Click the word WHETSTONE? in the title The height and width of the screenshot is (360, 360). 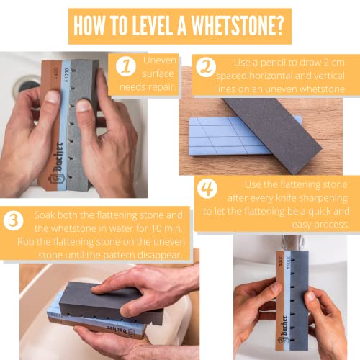click(x=238, y=26)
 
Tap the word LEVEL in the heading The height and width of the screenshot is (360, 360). click(x=152, y=26)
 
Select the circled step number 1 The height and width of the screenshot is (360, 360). click(x=126, y=66)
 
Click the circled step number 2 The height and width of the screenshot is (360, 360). click(x=206, y=67)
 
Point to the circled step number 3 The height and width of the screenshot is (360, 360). click(x=14, y=220)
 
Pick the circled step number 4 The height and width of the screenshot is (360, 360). click(x=207, y=189)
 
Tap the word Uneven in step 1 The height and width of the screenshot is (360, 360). click(x=160, y=60)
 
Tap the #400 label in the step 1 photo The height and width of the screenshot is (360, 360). click(x=55, y=73)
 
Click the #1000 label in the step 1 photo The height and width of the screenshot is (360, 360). click(x=67, y=75)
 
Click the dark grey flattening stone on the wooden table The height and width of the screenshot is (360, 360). click(x=272, y=133)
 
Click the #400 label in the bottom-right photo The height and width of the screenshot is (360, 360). click(x=280, y=261)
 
